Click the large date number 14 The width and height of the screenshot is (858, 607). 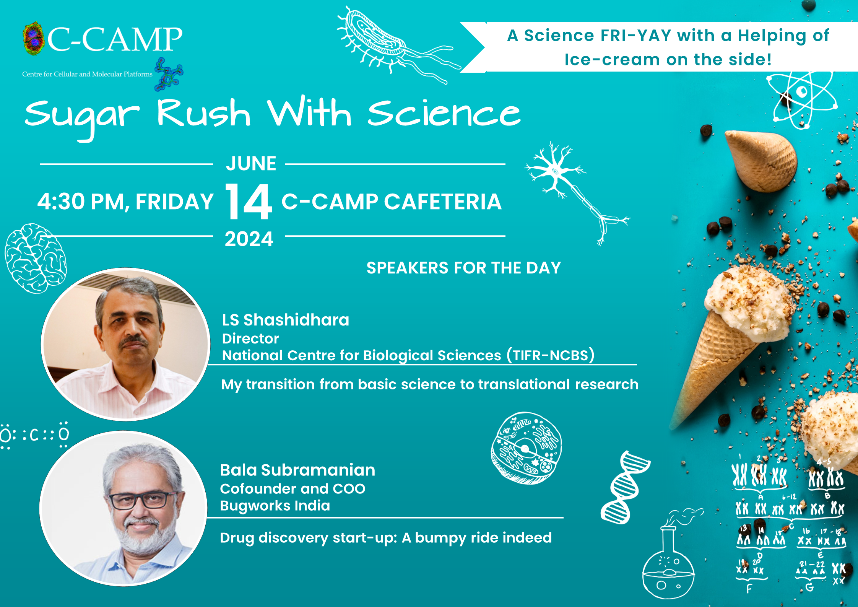point(249,201)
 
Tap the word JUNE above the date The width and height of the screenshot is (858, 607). point(251,163)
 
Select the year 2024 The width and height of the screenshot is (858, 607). point(249,239)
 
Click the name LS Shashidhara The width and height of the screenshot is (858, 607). point(286,320)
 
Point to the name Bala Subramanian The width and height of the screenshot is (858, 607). point(297,470)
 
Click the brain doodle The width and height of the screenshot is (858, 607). point(36,259)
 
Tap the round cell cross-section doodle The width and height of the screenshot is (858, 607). point(526,448)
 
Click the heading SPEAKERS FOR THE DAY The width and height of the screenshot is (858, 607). point(463,268)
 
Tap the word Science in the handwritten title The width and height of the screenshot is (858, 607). point(444,114)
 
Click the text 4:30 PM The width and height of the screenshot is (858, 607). point(80,202)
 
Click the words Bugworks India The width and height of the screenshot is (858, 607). point(275,506)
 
